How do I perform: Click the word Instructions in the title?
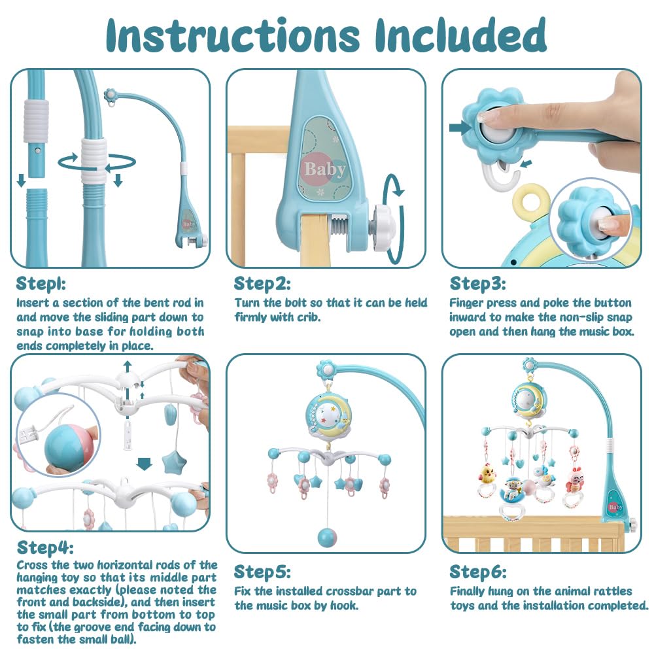click(233, 35)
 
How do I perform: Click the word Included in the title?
click(460, 35)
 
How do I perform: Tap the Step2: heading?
click(262, 284)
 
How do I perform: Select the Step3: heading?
click(477, 284)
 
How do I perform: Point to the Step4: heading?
click(45, 547)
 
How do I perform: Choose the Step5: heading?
click(262, 572)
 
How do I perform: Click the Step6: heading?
click(478, 572)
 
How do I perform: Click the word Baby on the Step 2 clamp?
click(325, 169)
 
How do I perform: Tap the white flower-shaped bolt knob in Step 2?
click(385, 228)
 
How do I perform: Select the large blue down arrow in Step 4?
click(145, 464)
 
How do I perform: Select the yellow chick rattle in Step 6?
click(487, 475)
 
